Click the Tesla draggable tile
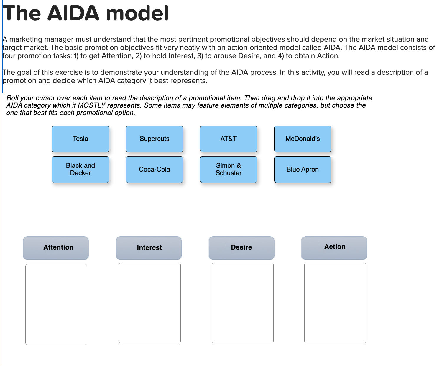pyautogui.click(x=80, y=139)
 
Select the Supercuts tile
pyautogui.click(x=154, y=139)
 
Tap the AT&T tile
pyautogui.click(x=228, y=139)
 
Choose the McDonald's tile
pyautogui.click(x=303, y=139)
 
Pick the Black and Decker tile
pyautogui.click(x=80, y=169)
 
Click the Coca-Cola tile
pyautogui.click(x=154, y=169)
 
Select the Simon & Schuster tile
pyautogui.click(x=228, y=169)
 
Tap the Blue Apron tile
pyautogui.click(x=303, y=169)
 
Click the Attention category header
pyautogui.click(x=56, y=247)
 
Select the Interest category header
pyautogui.click(x=149, y=247)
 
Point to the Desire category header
pyautogui.click(x=241, y=247)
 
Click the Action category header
pyautogui.click(x=334, y=247)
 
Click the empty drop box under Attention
pyautogui.click(x=56, y=304)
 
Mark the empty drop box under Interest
pyautogui.click(x=149, y=303)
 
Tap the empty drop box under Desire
pyautogui.click(x=242, y=303)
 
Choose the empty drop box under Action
pyautogui.click(x=335, y=303)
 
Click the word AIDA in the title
pyautogui.click(x=73, y=13)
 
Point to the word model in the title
pyautogui.click(x=137, y=13)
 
